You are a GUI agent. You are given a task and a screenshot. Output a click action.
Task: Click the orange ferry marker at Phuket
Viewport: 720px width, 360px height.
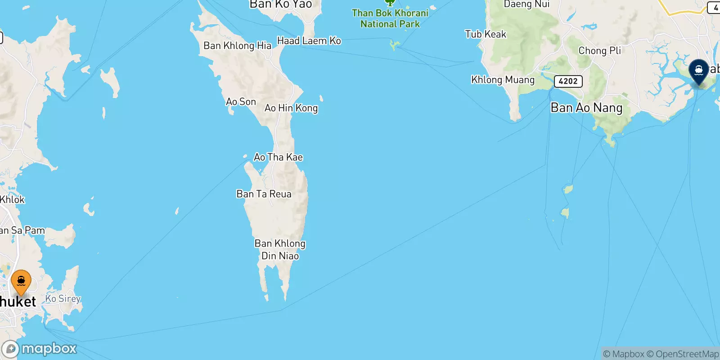[21, 282]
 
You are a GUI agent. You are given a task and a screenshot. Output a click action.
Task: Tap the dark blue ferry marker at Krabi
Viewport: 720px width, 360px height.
[698, 71]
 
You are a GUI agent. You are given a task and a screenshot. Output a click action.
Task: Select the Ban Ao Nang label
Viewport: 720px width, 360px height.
[586, 108]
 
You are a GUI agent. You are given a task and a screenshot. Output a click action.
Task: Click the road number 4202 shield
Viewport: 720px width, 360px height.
[568, 81]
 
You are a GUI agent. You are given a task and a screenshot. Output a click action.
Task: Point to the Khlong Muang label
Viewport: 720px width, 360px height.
[503, 80]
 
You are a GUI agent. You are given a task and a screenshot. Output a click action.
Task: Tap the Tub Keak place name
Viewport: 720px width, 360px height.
[486, 34]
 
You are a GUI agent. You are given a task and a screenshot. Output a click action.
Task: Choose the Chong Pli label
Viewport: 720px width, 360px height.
[599, 50]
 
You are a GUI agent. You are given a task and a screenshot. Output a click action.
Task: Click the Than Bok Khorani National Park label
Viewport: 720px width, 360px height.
[390, 18]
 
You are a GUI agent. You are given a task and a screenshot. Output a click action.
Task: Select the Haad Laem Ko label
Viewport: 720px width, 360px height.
[309, 41]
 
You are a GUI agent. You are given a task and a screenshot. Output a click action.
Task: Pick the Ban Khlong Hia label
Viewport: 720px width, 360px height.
[237, 45]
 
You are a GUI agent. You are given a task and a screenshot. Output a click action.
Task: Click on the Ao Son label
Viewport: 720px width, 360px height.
[241, 102]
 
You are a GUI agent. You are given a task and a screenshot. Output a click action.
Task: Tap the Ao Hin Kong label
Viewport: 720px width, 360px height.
[291, 108]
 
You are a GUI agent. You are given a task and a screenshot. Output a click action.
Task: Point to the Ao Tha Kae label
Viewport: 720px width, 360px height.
[278, 157]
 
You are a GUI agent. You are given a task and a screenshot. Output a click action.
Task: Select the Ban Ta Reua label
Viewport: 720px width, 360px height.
[264, 194]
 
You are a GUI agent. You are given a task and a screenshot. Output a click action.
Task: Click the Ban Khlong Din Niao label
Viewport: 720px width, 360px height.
[280, 249]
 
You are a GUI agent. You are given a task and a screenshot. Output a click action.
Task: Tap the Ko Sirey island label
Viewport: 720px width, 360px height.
[63, 298]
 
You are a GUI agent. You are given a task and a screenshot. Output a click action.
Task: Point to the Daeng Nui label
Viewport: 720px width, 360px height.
[526, 4]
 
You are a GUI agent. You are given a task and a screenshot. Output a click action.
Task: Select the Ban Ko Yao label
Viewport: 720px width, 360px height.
[280, 4]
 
